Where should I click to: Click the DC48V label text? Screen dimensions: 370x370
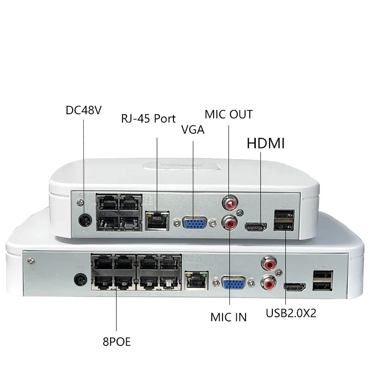[x=84, y=111]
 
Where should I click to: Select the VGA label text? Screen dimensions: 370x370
[x=193, y=130]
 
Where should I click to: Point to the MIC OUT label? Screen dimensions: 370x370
[x=229, y=113]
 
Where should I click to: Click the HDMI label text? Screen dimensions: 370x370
[x=265, y=143]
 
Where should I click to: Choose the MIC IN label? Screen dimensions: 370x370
[x=228, y=317]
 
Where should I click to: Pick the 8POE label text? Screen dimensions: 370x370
[x=117, y=342]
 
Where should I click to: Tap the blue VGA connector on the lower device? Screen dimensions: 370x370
[x=234, y=283]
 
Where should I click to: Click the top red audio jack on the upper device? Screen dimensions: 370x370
[x=228, y=202]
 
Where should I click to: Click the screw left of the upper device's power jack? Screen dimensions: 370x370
[x=80, y=200]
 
